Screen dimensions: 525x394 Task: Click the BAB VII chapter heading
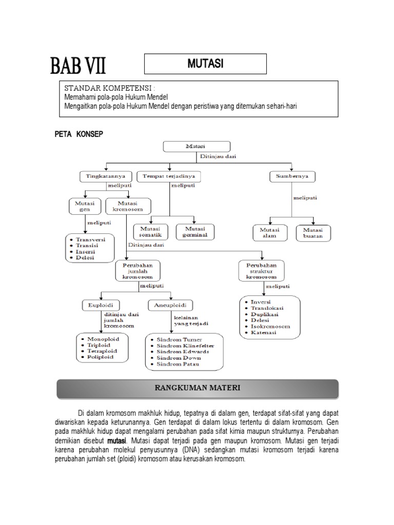(x=78, y=67)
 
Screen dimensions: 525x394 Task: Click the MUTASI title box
(x=205, y=64)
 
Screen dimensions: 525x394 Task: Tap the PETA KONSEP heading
(x=79, y=134)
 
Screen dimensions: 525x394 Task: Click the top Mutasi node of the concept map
(x=194, y=147)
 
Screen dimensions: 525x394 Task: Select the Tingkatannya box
(x=105, y=177)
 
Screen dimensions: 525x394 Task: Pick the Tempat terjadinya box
(x=168, y=177)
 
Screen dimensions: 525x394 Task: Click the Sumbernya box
(x=292, y=177)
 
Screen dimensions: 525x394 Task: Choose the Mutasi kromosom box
(x=128, y=207)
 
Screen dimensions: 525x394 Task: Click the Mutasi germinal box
(x=195, y=232)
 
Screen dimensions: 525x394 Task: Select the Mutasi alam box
(x=270, y=233)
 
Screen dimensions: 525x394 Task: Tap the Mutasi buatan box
(x=313, y=233)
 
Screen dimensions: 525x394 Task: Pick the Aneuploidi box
(x=170, y=306)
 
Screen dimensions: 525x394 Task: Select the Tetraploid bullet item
(x=102, y=351)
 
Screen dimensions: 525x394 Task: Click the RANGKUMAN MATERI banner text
(x=198, y=388)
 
